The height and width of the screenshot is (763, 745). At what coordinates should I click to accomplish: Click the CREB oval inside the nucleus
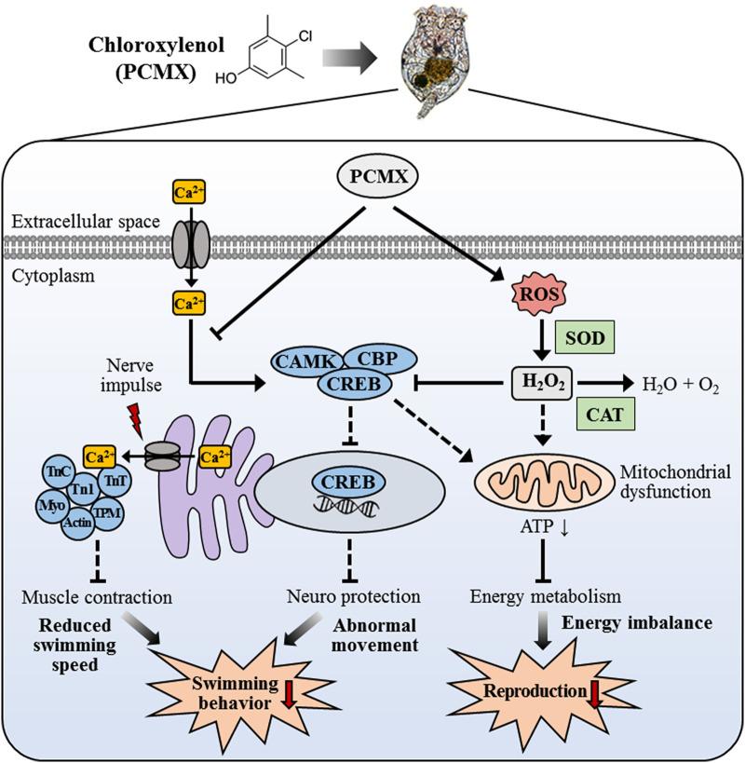pos(345,482)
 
